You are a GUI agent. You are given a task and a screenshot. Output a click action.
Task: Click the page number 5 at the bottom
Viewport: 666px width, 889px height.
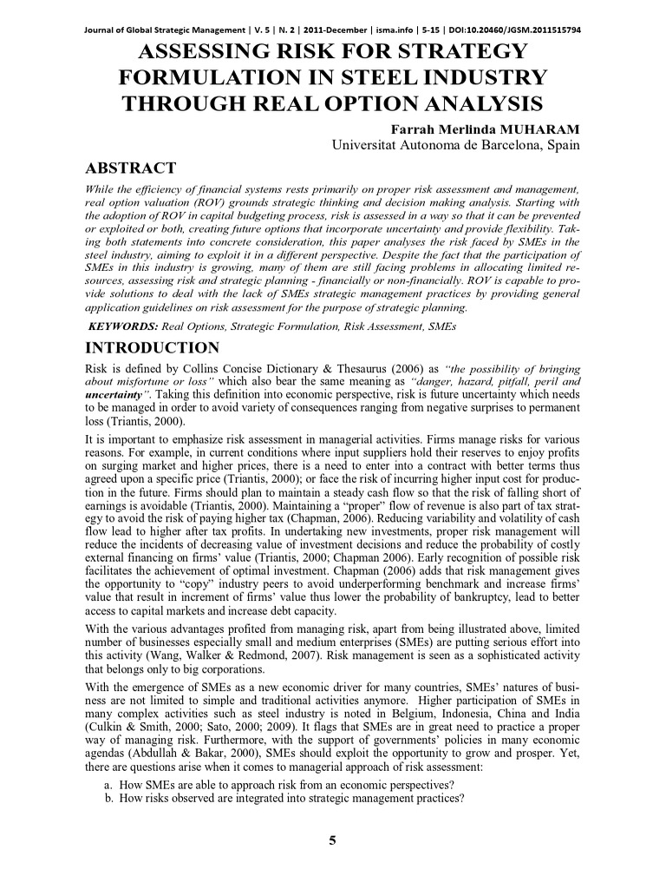tap(332, 840)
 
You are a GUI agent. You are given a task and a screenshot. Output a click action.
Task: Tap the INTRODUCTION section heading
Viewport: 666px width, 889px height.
tap(154, 348)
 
